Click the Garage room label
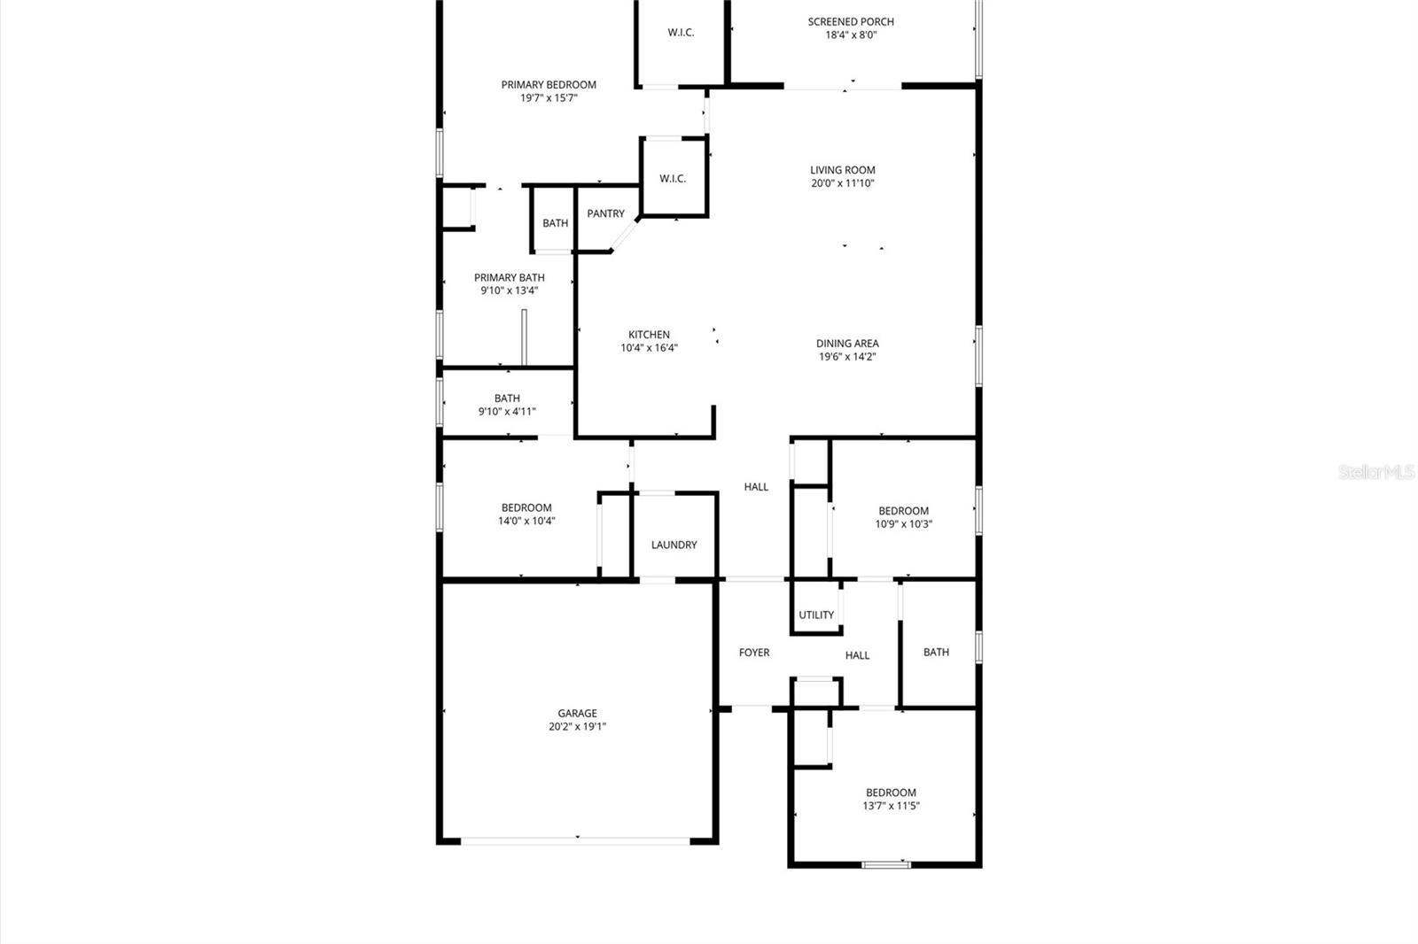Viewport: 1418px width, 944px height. pyautogui.click(x=577, y=713)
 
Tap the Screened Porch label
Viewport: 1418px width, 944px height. pyautogui.click(x=851, y=22)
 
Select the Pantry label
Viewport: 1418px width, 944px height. pyautogui.click(x=605, y=213)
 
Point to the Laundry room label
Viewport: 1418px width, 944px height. pyautogui.click(x=674, y=545)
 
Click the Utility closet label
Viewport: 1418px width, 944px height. pyautogui.click(x=816, y=615)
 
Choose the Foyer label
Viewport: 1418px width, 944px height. pyautogui.click(x=754, y=653)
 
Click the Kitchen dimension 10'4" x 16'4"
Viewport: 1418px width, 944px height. pyautogui.click(x=649, y=348)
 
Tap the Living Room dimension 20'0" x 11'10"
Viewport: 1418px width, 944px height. pyautogui.click(x=842, y=183)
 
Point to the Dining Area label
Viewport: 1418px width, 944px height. pyautogui.click(x=847, y=343)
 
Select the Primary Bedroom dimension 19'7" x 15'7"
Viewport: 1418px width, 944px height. pyautogui.click(x=549, y=98)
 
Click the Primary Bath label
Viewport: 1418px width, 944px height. pyautogui.click(x=509, y=277)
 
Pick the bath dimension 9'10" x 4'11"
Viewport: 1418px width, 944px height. pyautogui.click(x=507, y=411)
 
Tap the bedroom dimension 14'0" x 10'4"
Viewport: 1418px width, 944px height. pyautogui.click(x=526, y=521)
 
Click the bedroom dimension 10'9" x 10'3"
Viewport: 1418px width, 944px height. pyautogui.click(x=903, y=523)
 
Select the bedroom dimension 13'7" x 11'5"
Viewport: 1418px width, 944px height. pyautogui.click(x=891, y=806)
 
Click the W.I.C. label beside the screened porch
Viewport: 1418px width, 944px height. pyautogui.click(x=681, y=33)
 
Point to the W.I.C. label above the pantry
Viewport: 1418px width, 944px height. pyautogui.click(x=673, y=179)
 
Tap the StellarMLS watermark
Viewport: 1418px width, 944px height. pyautogui.click(x=1376, y=472)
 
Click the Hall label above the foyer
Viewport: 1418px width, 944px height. pyautogui.click(x=756, y=486)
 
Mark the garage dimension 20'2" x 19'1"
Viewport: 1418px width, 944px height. pyautogui.click(x=577, y=726)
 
